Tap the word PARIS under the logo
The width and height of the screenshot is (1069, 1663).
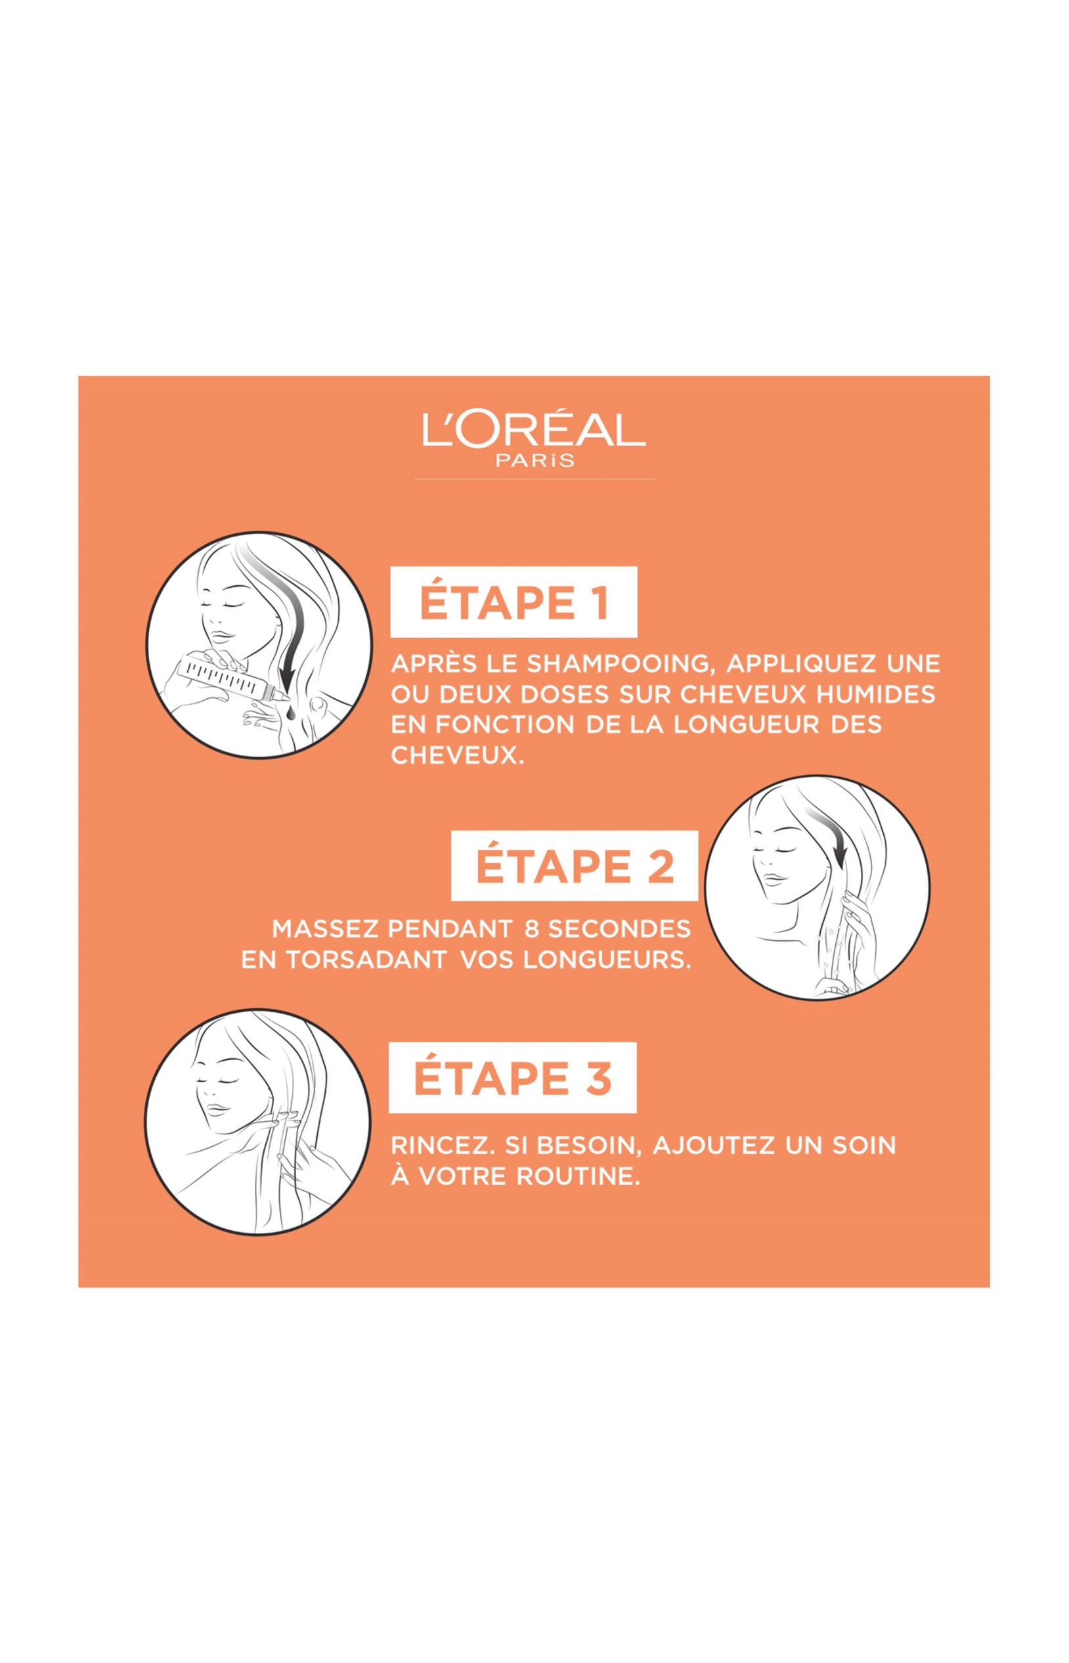pos(535,460)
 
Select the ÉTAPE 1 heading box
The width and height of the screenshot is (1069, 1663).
pos(513,602)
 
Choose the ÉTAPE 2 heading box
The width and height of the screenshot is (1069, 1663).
pos(575,866)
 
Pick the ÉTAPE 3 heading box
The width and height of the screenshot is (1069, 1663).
pos(512,1078)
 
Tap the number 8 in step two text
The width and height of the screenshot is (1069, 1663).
pos(533,928)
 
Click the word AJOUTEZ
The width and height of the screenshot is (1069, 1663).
pos(714,1145)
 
